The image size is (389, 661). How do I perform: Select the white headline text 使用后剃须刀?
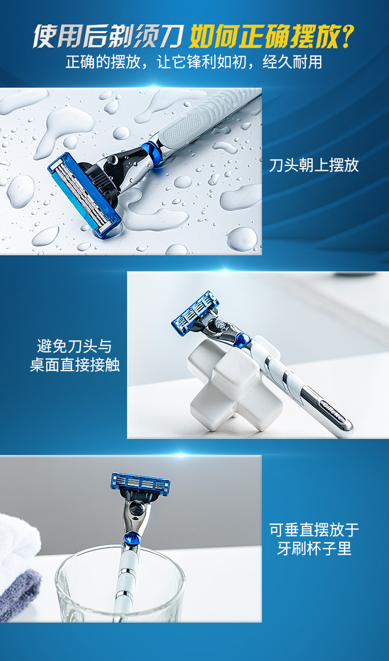point(108,36)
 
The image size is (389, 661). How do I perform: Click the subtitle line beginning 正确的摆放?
point(194,62)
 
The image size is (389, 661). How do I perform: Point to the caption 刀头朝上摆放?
point(314,165)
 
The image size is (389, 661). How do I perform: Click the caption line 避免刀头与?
point(75,346)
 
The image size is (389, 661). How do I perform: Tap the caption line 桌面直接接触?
point(75,364)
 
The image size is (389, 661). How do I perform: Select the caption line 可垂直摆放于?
point(314,530)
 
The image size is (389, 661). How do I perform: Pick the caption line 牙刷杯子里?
point(314,548)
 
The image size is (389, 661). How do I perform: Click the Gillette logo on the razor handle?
point(332,409)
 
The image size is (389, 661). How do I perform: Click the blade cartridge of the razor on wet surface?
point(84,195)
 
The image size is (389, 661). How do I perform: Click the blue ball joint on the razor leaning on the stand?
point(242,340)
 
